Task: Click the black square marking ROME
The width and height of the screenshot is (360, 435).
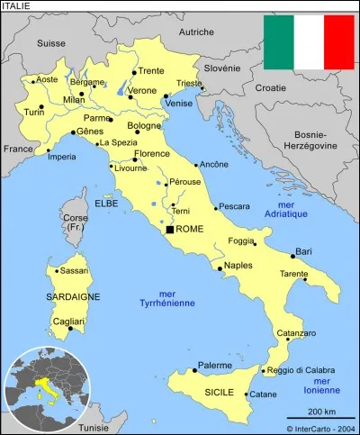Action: [169, 230]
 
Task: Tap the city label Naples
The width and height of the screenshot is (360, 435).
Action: [238, 266]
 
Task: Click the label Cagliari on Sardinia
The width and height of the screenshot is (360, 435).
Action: [68, 322]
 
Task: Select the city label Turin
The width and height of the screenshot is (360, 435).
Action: [33, 112]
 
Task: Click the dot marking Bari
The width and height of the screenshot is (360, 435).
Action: [293, 256]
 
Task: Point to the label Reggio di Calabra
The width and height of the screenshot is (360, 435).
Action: [302, 370]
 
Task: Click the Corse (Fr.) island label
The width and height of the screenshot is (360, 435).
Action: [75, 223]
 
